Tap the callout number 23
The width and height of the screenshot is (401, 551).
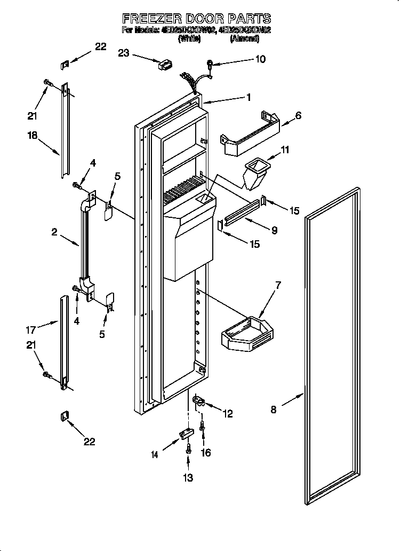tap(124, 53)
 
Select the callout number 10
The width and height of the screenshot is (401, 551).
tap(260, 59)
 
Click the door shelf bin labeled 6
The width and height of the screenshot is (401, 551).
tap(251, 133)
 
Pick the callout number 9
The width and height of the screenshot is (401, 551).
tap(274, 231)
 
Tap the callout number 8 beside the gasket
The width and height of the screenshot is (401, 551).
tap(274, 410)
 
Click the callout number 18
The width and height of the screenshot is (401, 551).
tap(33, 136)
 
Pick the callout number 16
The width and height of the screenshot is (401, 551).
tap(205, 453)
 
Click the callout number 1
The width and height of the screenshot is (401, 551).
tap(248, 97)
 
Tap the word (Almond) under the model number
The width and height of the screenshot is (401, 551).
tap(245, 39)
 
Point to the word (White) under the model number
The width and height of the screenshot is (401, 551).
tap(190, 39)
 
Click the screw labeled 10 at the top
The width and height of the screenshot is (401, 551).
tap(210, 66)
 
